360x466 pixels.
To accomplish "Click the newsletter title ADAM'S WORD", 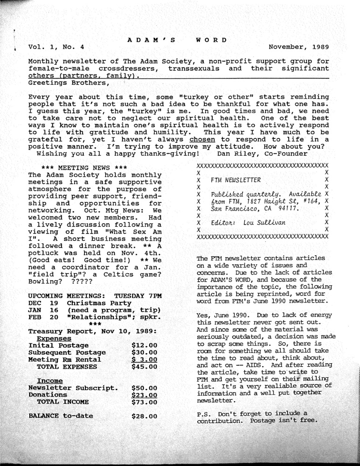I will point(177,40).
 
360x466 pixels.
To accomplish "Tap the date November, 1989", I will point(299,47).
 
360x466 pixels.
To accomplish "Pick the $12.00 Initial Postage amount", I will point(145,345).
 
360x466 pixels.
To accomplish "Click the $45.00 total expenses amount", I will point(145,367).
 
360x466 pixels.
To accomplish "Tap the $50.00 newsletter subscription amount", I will point(145,388).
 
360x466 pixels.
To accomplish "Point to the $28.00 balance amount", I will point(145,416).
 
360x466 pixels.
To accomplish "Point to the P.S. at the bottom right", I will point(205,414).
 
